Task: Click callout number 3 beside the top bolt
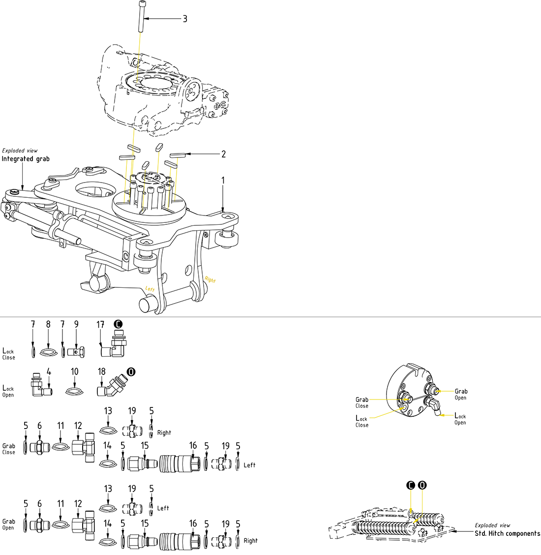point(185,19)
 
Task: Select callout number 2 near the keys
point(223,154)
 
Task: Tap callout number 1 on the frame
point(223,181)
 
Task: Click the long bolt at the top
point(141,17)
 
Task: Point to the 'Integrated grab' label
point(26,159)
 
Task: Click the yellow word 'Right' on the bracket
point(210,279)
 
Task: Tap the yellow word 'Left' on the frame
point(150,289)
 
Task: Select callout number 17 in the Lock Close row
point(100,325)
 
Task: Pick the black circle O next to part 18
point(131,371)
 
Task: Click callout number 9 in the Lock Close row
point(76,325)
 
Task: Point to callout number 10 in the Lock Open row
point(74,371)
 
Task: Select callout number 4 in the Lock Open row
point(49,371)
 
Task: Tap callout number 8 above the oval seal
point(48,325)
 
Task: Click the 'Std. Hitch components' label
point(507,533)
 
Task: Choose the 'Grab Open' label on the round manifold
point(461,395)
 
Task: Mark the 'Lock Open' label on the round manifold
point(460,419)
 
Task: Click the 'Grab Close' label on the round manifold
point(362,402)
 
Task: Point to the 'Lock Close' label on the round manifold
point(361,421)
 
